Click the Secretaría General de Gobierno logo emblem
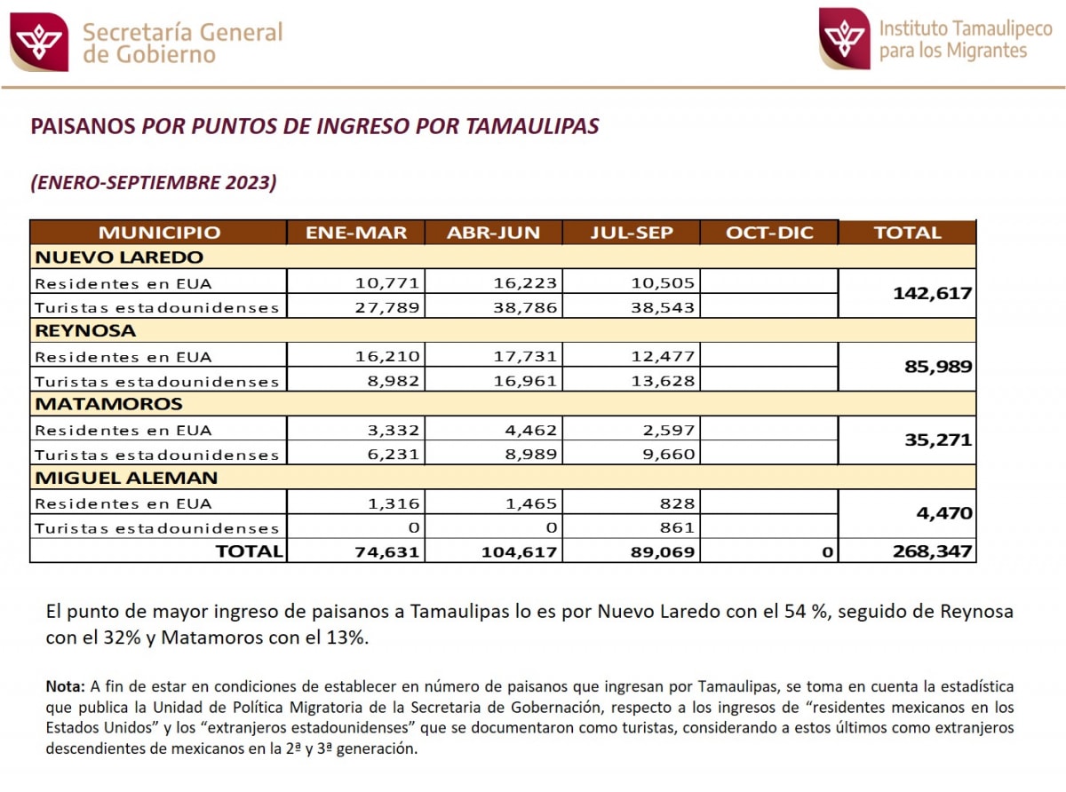38,41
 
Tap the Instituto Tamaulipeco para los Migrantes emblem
844,39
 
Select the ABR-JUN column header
493,233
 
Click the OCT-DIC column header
769,233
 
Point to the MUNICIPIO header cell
159,233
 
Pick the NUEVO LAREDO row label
119,257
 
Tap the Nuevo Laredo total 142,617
932,294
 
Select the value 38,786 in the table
525,307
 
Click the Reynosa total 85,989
940,366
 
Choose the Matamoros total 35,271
940,440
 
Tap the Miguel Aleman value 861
678,527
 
